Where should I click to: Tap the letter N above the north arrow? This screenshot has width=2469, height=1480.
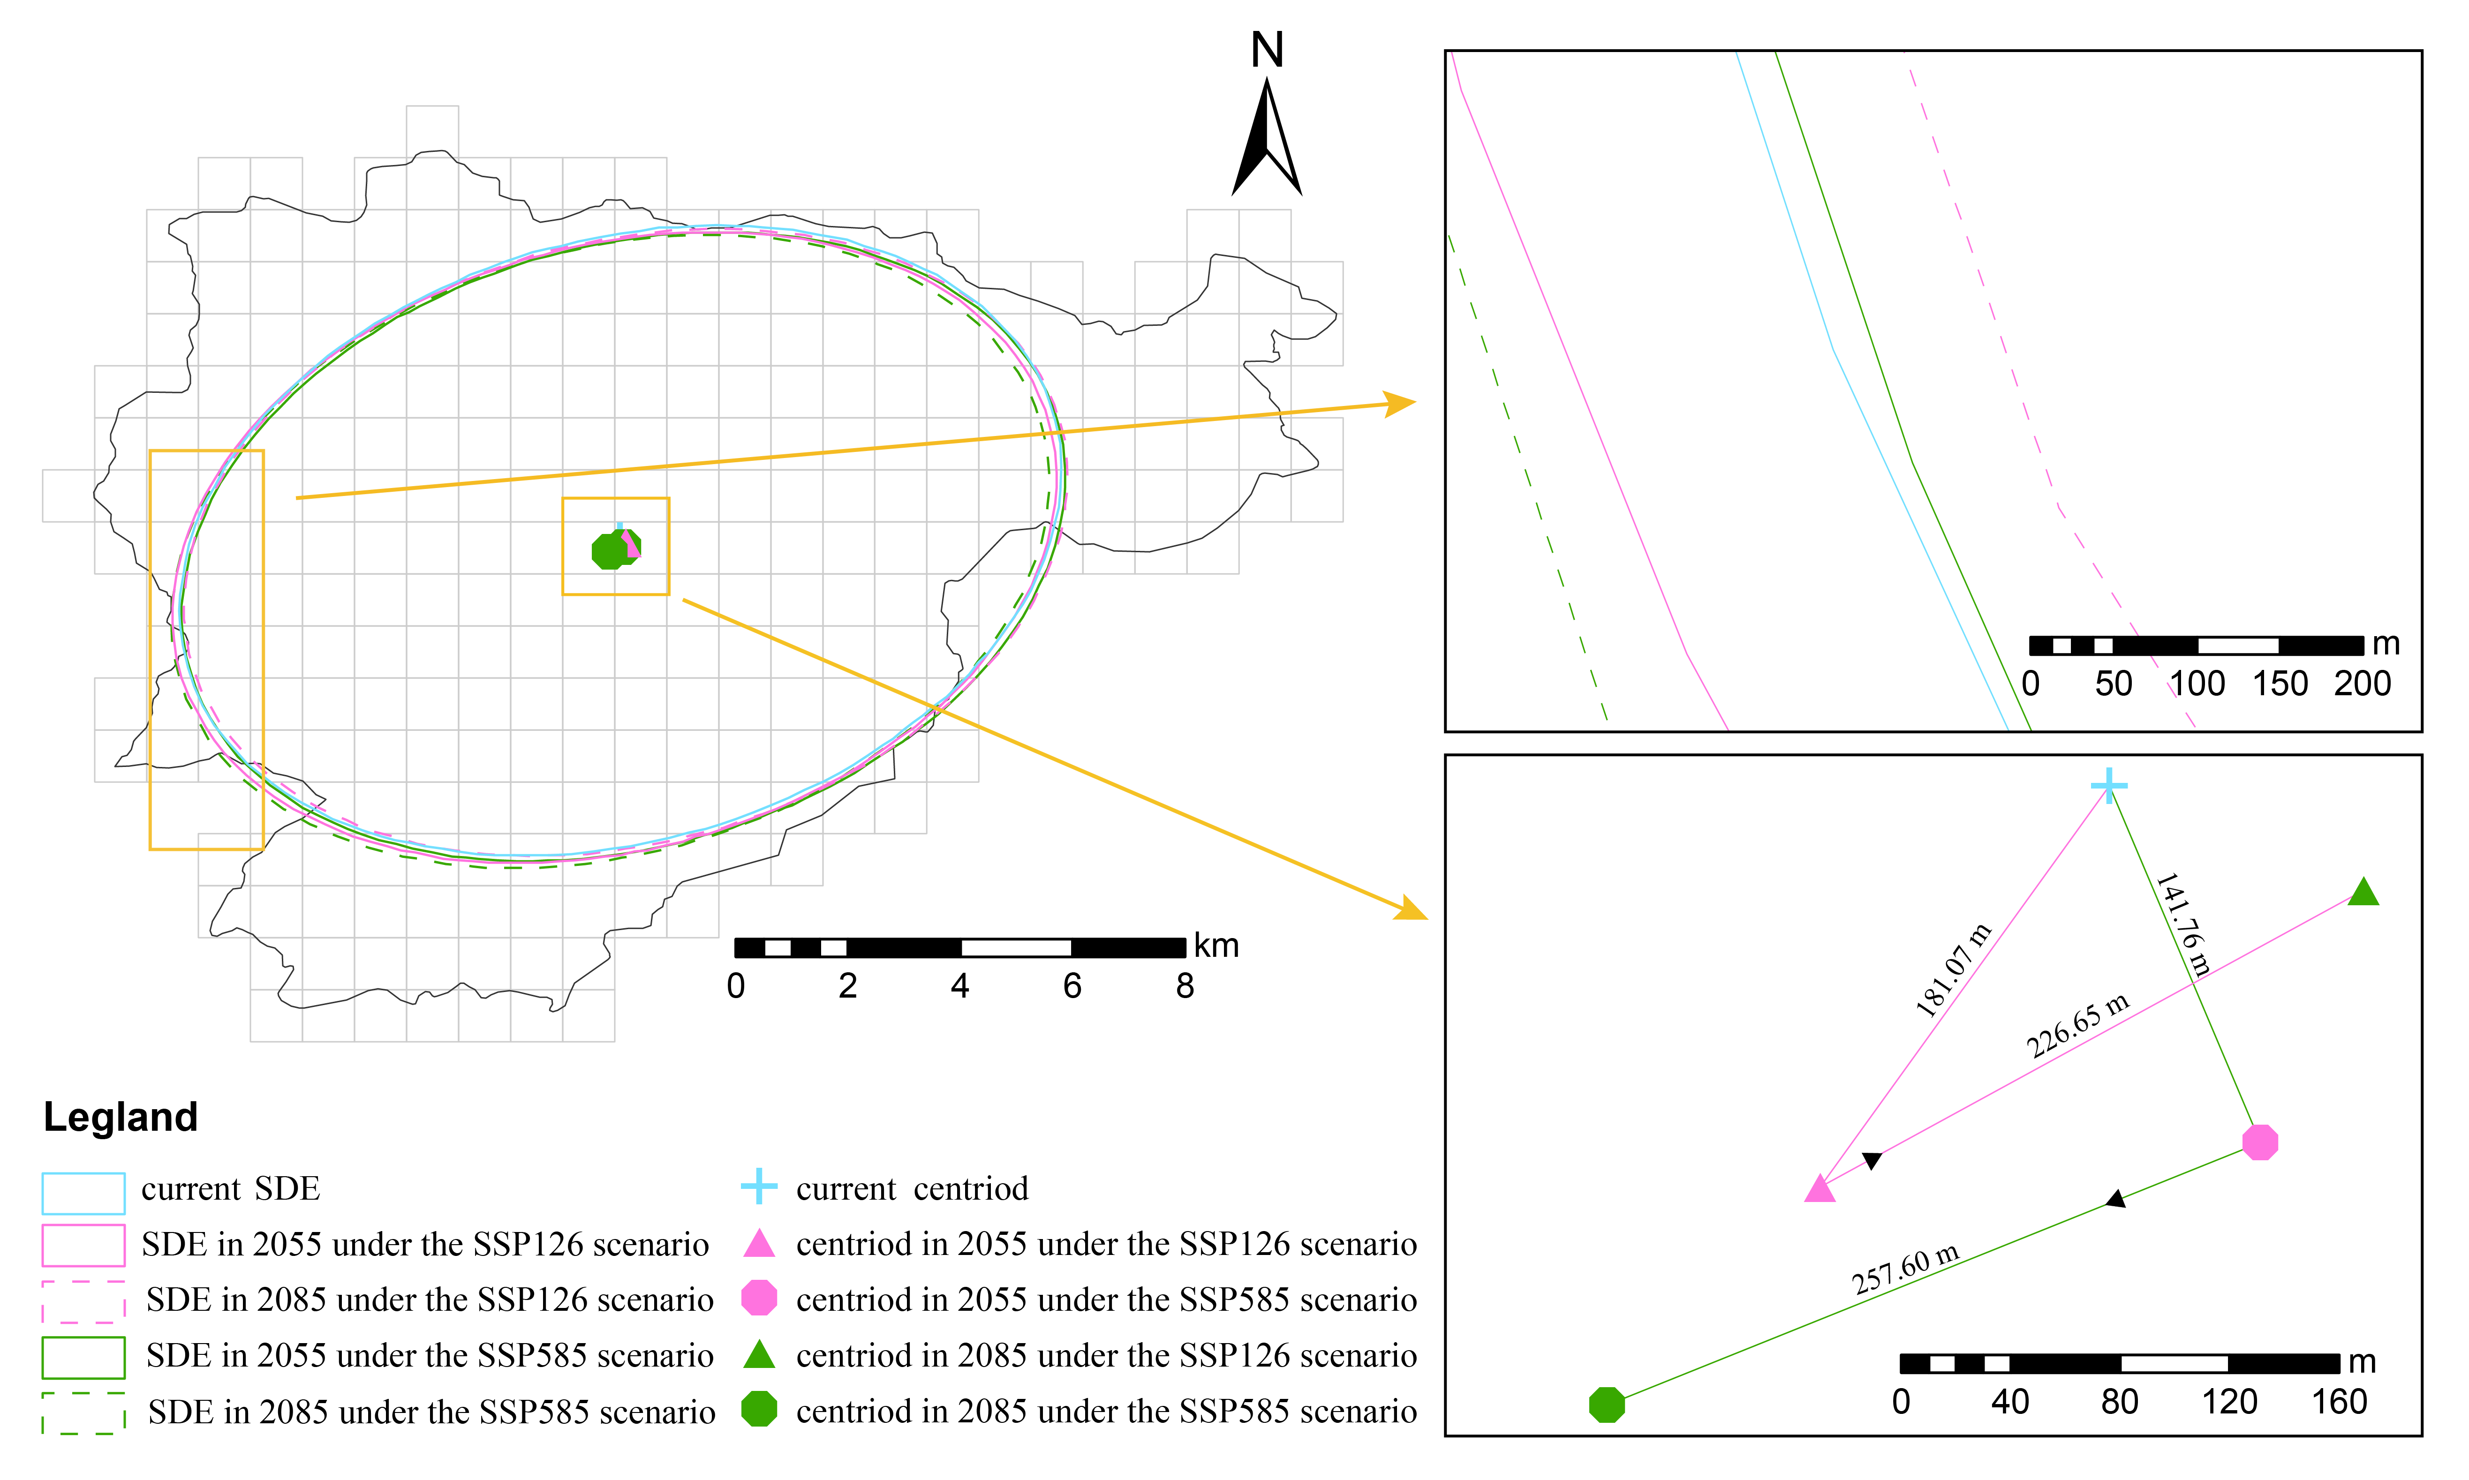[1267, 50]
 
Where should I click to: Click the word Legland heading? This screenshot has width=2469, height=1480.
[121, 1117]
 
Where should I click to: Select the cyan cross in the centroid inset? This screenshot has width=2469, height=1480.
[2108, 786]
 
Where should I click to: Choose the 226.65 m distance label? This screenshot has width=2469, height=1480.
[2077, 1025]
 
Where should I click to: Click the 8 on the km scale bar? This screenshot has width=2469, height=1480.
[1184, 986]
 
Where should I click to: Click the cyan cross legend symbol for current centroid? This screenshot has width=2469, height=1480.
[759, 1186]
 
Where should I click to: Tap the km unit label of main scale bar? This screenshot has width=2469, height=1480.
[1216, 946]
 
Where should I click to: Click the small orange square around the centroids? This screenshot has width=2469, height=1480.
[616, 547]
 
